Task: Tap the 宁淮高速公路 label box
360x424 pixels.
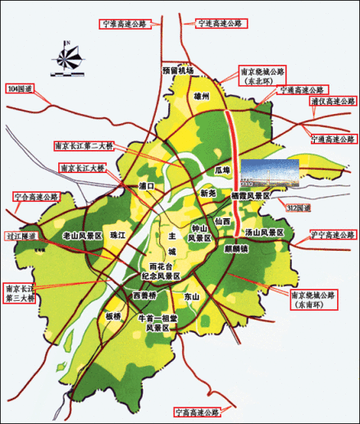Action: click(123, 24)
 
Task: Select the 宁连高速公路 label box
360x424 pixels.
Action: click(221, 24)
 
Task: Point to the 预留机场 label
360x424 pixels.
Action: click(178, 71)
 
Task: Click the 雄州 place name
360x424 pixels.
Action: click(202, 96)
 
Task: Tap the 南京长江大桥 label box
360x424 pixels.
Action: click(82, 167)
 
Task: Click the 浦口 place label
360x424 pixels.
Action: click(147, 186)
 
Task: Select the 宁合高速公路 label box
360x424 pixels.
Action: click(38, 197)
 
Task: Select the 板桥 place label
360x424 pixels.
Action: click(112, 316)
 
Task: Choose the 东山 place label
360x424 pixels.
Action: click(190, 295)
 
